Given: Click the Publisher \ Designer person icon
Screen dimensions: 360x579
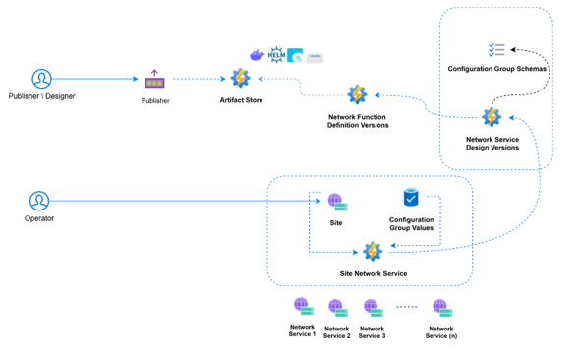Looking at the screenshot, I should tap(41, 79).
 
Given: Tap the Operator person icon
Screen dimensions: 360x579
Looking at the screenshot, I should tap(38, 202).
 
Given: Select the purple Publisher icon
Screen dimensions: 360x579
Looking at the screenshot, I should tap(154, 81).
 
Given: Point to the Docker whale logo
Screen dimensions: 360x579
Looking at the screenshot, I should tap(257, 55).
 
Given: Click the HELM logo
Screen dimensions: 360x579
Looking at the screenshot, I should tap(276, 54).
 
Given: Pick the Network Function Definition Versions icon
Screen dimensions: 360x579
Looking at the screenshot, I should tap(357, 95).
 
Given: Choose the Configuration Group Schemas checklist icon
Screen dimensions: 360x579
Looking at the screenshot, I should tap(497, 49).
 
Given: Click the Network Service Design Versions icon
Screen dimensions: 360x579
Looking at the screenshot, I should tap(492, 118).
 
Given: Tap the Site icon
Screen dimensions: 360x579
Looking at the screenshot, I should tap(336, 203).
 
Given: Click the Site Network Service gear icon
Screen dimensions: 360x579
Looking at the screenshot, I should tap(373, 252).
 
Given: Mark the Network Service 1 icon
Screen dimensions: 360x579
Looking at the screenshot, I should tap(302, 307).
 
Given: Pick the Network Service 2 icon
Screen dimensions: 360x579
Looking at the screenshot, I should tap(336, 308).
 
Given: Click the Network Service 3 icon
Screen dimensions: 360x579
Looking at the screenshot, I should tap(371, 308).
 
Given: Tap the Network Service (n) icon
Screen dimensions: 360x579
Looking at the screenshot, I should tap(440, 308).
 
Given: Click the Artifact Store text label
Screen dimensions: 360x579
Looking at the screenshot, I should tap(240, 100).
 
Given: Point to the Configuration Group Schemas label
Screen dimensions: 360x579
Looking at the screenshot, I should tap(497, 69).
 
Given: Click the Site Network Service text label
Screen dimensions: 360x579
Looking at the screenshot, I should tap(373, 272).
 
